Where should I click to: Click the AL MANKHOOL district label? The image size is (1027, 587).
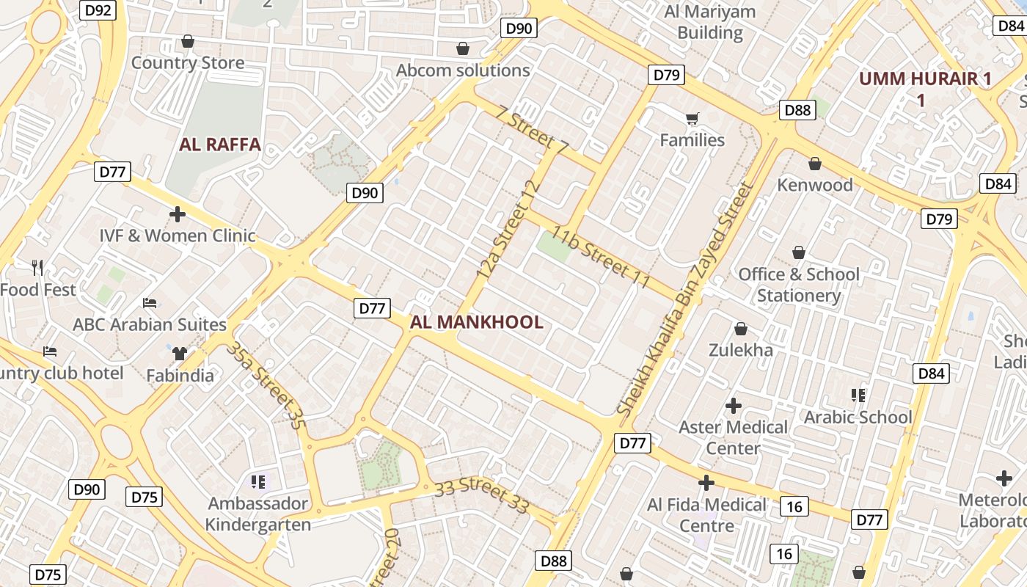[x=476, y=322]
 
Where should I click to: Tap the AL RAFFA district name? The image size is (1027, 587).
[x=220, y=144]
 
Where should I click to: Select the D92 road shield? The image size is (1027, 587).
[x=98, y=10]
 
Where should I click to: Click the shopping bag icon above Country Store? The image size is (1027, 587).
[x=188, y=41]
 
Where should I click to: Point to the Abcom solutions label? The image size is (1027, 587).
[x=463, y=70]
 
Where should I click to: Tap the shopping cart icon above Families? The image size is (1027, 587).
[x=692, y=118]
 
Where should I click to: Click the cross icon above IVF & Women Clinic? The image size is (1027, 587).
[x=178, y=214]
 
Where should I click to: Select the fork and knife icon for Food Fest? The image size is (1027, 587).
[x=37, y=268]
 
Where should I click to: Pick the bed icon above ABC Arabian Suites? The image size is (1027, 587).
[x=150, y=302]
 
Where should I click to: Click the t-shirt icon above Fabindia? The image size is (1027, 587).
[x=180, y=353]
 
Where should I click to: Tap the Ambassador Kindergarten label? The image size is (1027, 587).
[x=257, y=514]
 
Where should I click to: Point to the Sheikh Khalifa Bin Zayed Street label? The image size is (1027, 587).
[x=686, y=299]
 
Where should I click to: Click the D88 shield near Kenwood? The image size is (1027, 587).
[x=797, y=110]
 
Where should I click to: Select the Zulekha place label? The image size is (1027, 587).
[x=740, y=350]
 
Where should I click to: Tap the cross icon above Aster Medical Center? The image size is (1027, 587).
[x=733, y=405]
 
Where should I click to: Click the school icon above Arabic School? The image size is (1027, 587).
[x=858, y=395]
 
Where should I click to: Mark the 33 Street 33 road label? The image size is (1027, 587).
[x=481, y=496]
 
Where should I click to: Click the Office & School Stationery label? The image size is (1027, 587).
[x=799, y=285]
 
